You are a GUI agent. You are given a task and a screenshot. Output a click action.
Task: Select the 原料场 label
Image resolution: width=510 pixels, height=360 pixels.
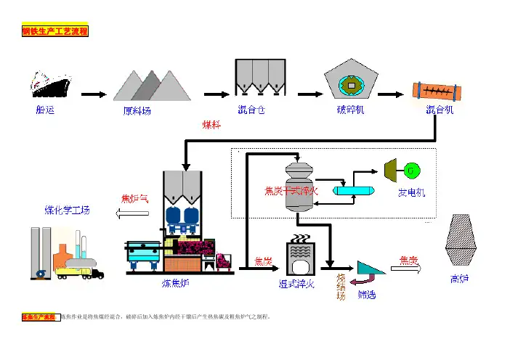(x=137, y=111)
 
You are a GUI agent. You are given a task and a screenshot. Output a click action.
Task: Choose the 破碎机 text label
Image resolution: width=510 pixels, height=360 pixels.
(x=351, y=110)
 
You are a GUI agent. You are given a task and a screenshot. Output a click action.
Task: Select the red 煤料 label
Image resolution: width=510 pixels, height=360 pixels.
(x=211, y=124)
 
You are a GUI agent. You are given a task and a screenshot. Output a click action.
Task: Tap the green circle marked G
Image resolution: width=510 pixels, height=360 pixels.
(x=412, y=170)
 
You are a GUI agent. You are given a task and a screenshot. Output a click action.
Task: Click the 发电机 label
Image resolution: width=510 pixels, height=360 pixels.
(x=412, y=194)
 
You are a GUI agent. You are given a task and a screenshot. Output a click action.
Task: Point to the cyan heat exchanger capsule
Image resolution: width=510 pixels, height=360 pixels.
(x=352, y=189)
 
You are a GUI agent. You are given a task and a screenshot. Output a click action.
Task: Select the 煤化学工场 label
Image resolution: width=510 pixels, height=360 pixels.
(x=68, y=210)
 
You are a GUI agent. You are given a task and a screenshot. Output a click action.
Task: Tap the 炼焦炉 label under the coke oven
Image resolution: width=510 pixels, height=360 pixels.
(x=176, y=284)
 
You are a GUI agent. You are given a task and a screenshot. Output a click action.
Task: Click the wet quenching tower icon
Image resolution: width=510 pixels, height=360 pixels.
(x=298, y=258)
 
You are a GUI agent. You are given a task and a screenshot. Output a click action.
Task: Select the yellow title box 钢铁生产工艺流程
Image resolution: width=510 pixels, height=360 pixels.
(x=54, y=32)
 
